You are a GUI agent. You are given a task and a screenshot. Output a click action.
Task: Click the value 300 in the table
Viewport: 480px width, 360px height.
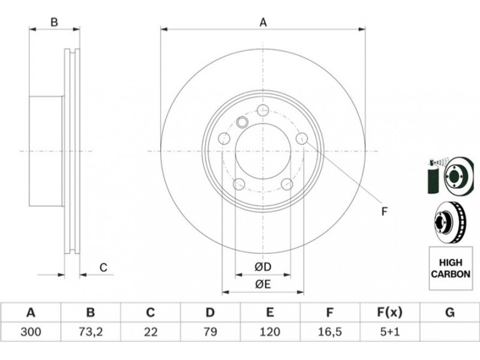point(31,332)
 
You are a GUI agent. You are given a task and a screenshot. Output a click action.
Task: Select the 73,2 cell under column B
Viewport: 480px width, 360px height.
point(91,332)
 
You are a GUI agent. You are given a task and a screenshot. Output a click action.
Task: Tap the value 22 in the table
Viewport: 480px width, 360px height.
point(151,332)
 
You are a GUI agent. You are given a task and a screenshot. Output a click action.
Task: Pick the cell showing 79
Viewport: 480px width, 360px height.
point(210,332)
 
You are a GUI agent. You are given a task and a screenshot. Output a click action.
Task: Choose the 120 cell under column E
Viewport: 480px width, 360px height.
point(269,332)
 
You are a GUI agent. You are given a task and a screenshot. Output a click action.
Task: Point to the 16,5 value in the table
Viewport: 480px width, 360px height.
point(329,332)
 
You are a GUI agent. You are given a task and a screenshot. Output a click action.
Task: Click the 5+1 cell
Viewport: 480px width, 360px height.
point(389,332)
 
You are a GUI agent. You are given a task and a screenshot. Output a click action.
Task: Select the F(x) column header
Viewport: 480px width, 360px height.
point(389,313)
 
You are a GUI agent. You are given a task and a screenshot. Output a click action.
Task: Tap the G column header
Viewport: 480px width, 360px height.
point(449,313)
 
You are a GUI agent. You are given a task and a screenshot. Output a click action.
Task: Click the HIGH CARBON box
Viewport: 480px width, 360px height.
point(451,268)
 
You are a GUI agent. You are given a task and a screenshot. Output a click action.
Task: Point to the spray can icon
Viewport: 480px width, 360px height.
point(433,176)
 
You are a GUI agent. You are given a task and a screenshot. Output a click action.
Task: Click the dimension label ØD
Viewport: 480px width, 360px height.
point(263,267)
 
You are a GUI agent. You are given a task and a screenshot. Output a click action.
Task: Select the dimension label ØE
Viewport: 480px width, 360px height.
point(263,284)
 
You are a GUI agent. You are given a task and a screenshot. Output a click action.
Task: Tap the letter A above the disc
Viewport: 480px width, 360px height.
point(263,23)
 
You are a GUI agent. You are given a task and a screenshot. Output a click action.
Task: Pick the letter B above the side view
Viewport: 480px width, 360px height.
point(54,22)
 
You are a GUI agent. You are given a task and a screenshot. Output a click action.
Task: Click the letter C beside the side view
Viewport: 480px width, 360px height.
point(103,267)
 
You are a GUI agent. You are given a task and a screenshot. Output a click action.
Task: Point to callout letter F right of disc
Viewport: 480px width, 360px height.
point(385,211)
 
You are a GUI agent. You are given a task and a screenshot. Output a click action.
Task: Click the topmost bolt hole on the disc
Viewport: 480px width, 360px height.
point(263,110)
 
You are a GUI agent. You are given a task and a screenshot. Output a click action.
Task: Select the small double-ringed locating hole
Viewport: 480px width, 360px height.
point(242,122)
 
